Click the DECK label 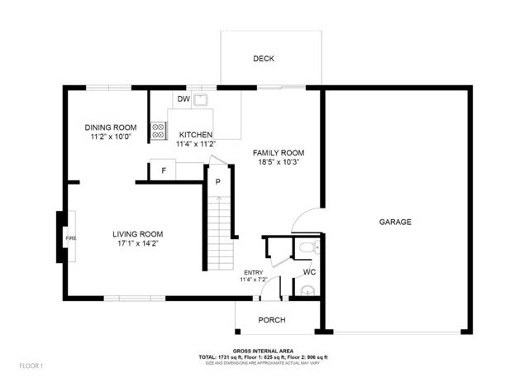click(x=264, y=59)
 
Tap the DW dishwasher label click(x=183, y=100)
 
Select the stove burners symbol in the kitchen click(x=157, y=130)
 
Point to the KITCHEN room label click(x=196, y=135)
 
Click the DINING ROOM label click(x=111, y=127)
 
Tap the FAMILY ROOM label click(x=279, y=153)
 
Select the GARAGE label click(x=395, y=222)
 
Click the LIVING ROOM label click(x=137, y=234)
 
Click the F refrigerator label click(x=164, y=171)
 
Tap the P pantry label click(x=218, y=181)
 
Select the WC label click(x=308, y=271)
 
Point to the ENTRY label click(x=252, y=272)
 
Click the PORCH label click(x=272, y=320)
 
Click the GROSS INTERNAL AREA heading click(x=264, y=351)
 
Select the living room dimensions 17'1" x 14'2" click(x=137, y=243)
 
